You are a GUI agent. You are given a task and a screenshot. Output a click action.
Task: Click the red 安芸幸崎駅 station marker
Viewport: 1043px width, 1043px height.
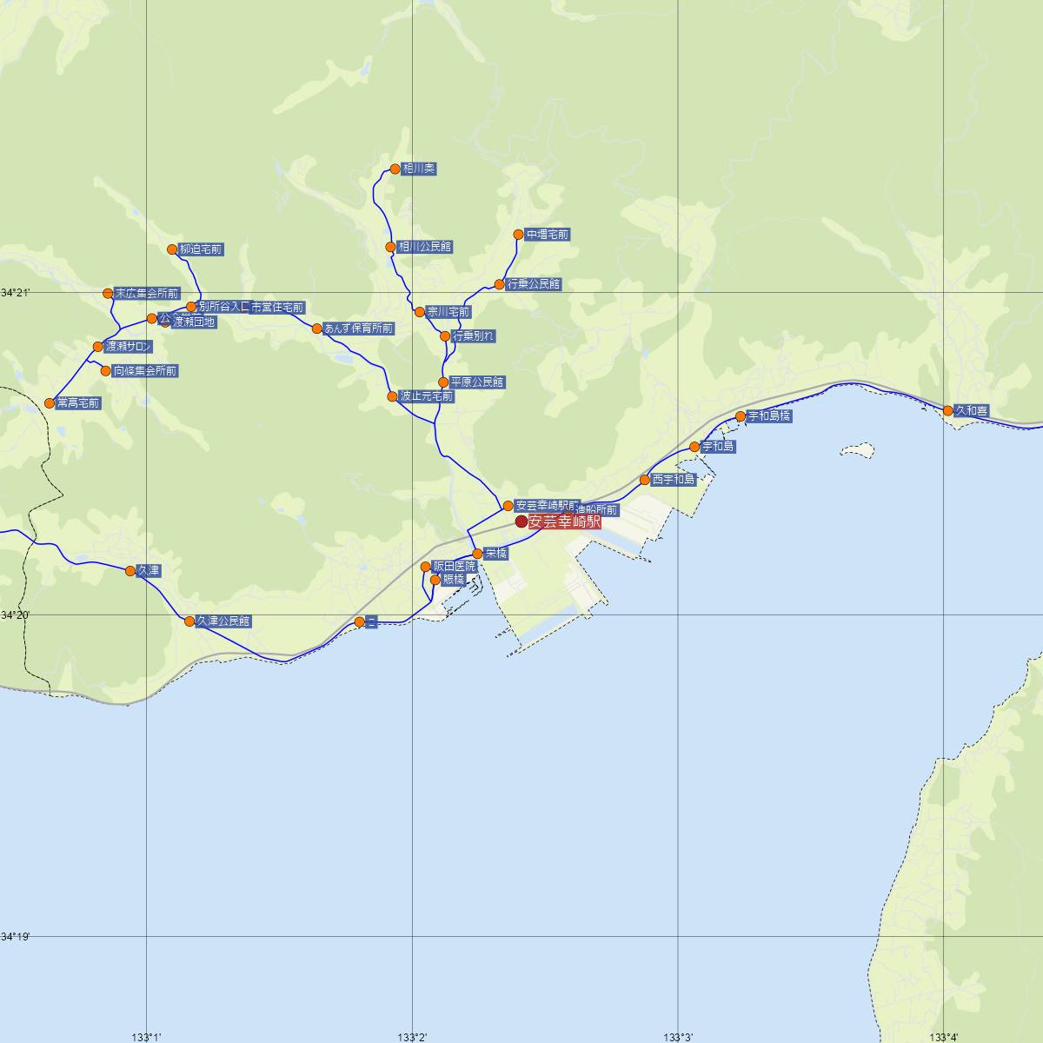521,521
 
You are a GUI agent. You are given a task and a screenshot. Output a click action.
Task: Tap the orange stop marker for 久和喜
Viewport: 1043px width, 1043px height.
948,410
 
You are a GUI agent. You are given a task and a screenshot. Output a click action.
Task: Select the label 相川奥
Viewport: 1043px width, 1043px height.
417,169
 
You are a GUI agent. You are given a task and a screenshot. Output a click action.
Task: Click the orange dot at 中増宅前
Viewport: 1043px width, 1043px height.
519,235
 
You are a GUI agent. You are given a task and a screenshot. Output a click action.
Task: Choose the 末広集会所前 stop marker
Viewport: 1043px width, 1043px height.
109,293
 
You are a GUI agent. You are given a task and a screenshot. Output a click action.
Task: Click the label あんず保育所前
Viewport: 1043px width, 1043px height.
358,329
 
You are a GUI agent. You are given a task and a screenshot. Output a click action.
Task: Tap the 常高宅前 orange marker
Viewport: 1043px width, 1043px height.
50,403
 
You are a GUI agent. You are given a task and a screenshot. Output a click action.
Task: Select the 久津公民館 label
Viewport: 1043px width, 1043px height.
223,621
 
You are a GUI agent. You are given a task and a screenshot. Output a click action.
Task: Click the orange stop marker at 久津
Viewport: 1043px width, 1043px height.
130,571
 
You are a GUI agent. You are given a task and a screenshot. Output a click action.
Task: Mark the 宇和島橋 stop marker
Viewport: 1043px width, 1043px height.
741,416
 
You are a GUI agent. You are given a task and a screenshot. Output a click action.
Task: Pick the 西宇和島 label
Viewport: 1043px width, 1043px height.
674,480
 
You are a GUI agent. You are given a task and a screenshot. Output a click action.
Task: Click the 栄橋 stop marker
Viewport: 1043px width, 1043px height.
477,554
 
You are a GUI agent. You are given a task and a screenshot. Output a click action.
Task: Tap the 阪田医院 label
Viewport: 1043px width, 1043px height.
455,567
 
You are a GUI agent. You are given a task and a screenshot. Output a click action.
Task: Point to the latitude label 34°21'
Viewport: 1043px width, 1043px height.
16,293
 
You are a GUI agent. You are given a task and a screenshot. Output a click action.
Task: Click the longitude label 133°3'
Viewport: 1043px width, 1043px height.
678,1036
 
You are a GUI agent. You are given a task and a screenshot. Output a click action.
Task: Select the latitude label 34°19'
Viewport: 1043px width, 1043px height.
16,937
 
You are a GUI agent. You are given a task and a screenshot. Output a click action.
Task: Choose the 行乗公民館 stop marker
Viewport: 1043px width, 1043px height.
500,284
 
